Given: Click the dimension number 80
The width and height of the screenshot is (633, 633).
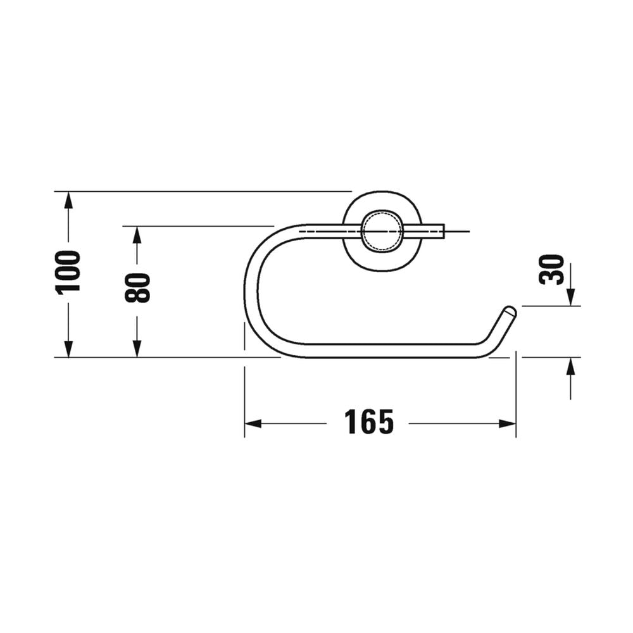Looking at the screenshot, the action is coord(137,287).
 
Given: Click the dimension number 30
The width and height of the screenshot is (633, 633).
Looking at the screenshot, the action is coord(552,269).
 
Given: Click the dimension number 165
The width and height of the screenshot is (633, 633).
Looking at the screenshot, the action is coord(368,422).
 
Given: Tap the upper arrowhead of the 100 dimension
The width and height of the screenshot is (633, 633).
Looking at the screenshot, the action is coord(68,200).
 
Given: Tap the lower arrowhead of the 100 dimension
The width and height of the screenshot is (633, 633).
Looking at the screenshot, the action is coord(68,349).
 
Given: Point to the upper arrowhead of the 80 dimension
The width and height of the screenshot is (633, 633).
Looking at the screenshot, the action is coord(137,235).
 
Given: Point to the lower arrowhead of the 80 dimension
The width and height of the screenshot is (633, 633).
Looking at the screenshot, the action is coord(137,349).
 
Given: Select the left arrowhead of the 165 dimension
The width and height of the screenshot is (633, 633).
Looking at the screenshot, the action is coord(253,423).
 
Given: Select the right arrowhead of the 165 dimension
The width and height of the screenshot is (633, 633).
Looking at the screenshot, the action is coord(508,423).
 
